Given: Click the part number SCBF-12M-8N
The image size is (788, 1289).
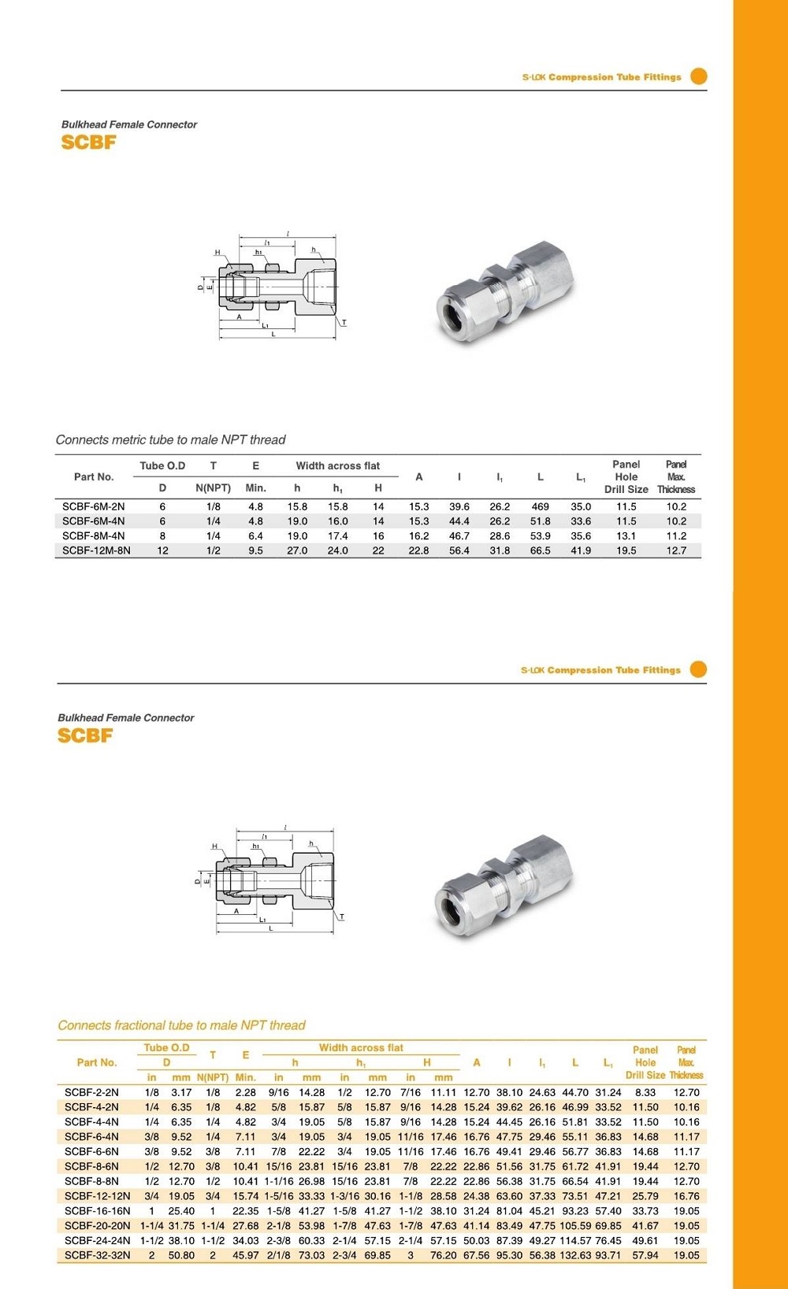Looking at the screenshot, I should (x=96, y=550).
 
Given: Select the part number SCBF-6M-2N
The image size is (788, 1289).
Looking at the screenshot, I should (x=93, y=506).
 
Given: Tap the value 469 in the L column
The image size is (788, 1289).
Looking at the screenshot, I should (x=541, y=506).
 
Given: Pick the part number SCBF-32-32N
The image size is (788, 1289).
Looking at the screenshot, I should (x=97, y=1255).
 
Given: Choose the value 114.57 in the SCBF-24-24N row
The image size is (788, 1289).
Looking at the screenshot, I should (x=575, y=1240).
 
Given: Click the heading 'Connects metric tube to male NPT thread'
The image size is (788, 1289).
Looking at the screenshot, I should (x=170, y=439).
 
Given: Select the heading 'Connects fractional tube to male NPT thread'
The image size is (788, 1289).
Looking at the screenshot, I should (x=181, y=1025).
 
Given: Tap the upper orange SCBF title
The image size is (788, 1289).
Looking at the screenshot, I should (x=88, y=143).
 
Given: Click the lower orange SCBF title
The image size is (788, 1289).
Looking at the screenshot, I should (x=85, y=735).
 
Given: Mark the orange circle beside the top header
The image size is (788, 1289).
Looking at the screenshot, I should (x=698, y=76).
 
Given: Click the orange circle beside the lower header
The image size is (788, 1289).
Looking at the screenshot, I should (x=698, y=669).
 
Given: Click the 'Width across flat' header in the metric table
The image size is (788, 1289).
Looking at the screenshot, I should (x=337, y=465).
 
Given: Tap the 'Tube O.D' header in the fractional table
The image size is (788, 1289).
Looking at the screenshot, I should (x=166, y=1047).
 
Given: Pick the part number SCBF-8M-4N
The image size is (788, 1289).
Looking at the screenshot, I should (x=93, y=535).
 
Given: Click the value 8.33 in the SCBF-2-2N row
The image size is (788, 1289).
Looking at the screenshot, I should (x=645, y=1092).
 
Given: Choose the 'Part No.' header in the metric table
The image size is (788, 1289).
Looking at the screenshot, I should (x=94, y=476).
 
